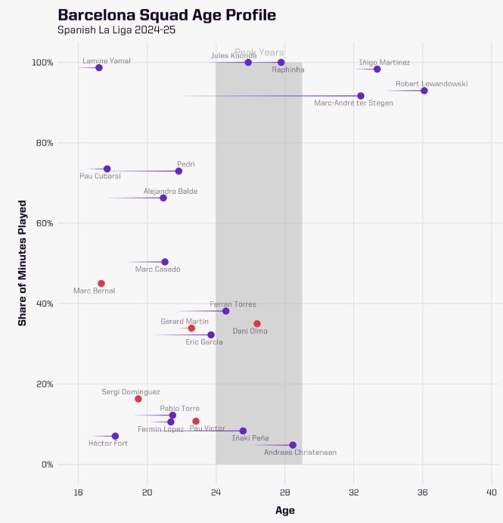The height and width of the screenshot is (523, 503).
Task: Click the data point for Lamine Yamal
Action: pos(99,68)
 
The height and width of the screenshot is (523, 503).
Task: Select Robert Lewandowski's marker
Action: pos(424,91)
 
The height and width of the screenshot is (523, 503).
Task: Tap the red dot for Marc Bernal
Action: pos(101,284)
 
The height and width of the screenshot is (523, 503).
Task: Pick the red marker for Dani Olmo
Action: pos(257,324)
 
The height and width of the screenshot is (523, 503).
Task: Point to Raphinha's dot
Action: pos(281,63)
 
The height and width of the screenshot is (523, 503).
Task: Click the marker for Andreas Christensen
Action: pos(293,445)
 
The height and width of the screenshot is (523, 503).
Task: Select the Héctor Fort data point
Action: pos(115,436)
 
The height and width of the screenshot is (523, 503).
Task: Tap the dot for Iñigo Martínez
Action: pos(377,70)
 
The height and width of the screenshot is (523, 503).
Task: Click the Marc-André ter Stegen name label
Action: pos(353,103)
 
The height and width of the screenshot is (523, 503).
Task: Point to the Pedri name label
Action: pos(186,163)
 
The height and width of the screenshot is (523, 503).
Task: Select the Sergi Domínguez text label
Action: pos(131,392)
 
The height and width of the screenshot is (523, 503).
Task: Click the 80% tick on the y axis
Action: pos(42,143)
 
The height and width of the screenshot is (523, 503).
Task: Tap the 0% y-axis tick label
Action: pos(45,465)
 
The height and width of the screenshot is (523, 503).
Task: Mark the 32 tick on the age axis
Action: pos(353,492)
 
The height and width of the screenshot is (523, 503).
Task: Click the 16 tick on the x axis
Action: pos(78,492)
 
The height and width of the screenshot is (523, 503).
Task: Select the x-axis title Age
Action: pos(285,511)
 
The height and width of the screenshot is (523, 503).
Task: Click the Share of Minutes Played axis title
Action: pos(23,263)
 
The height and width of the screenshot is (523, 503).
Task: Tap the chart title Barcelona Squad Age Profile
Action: pos(167,15)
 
